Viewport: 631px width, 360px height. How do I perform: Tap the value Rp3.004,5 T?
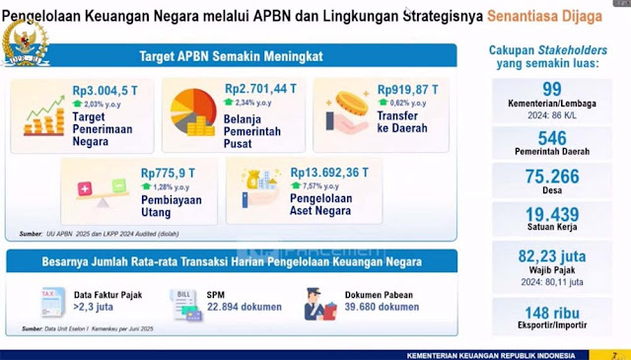point(103,88)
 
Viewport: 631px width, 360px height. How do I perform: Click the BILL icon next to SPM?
point(182,301)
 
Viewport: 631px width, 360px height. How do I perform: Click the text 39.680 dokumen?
point(382,307)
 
